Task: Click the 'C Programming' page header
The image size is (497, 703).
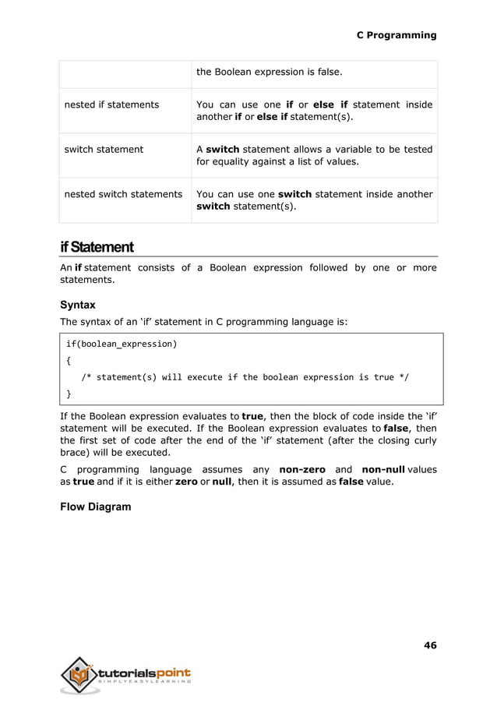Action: click(396, 35)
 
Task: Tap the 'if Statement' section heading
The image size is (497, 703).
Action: click(97, 248)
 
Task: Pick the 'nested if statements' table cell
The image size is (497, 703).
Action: click(111, 104)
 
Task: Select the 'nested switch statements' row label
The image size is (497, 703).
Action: click(122, 194)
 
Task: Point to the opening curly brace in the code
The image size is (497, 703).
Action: click(69, 360)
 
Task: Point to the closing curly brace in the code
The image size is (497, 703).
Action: click(69, 394)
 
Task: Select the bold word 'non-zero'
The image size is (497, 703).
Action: click(302, 469)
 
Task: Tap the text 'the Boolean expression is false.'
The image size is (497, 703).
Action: click(269, 72)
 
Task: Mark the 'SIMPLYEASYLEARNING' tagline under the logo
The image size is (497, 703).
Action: click(145, 684)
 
